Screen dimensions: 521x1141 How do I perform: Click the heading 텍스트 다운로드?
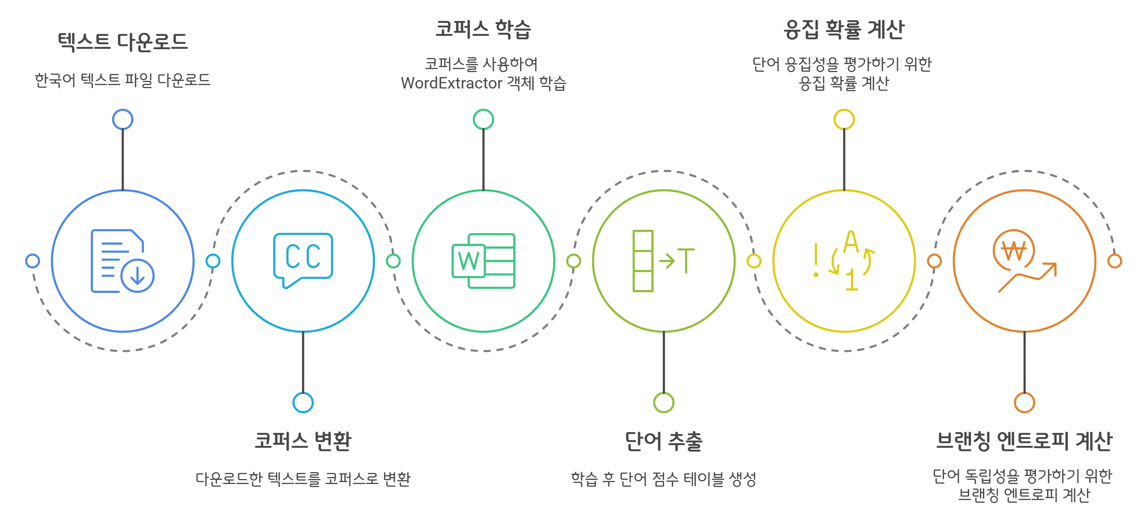point(123,42)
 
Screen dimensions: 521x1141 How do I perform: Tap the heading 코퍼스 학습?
point(483,29)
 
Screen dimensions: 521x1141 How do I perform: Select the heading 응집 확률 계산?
point(844,30)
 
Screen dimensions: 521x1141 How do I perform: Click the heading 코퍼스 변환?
point(303,441)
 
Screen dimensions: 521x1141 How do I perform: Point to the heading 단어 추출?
point(663,441)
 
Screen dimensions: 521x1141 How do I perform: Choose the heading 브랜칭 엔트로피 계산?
point(1024,441)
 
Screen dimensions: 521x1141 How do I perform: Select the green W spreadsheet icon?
point(483,261)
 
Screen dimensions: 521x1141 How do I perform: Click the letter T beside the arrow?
point(686,261)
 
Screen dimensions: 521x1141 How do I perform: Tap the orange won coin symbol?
point(1014,251)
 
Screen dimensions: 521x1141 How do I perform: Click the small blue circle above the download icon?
point(123,119)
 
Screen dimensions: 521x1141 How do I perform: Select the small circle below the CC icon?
point(303,402)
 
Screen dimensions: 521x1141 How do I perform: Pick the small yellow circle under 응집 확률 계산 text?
point(844,119)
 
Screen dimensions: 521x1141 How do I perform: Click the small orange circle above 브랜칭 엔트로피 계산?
point(1024,402)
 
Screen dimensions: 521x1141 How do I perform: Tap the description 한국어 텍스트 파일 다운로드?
point(123,80)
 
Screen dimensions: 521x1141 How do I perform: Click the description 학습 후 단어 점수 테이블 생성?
point(663,479)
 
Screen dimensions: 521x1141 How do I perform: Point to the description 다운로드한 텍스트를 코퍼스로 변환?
point(303,479)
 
